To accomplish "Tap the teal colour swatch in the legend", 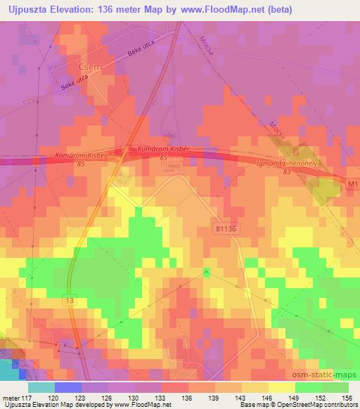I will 41,388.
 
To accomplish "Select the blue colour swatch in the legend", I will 67,388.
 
